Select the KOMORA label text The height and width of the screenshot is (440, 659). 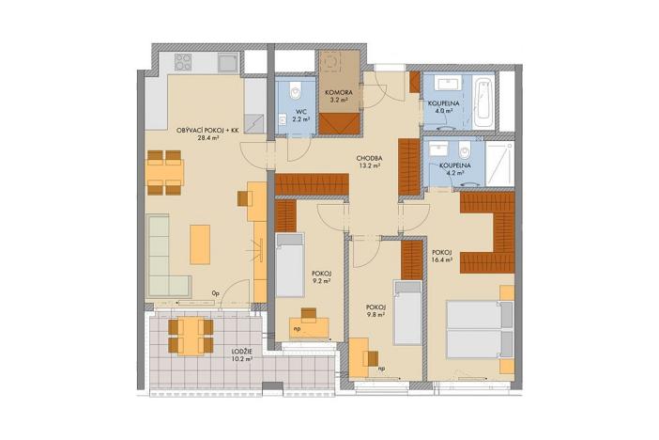pos(338,92)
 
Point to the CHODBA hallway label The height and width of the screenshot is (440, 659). pos(368,158)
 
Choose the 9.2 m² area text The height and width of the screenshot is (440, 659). pos(319,280)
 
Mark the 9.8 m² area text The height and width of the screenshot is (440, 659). pos(376,315)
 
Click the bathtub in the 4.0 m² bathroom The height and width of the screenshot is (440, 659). pos(483,102)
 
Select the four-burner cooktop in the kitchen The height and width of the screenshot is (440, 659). pos(181,63)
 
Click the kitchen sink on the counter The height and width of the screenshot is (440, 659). pos(227,63)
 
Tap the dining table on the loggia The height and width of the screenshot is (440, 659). pos(191,334)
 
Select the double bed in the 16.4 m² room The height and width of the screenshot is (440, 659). pos(480,330)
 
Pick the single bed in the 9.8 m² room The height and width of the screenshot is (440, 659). pos(406,313)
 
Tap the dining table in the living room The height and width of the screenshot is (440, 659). pos(165,172)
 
